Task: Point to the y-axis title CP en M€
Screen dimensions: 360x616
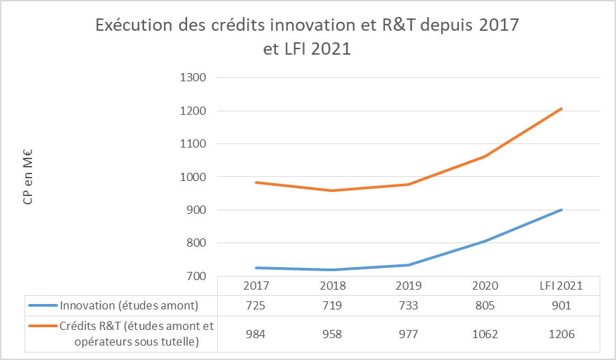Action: (28, 177)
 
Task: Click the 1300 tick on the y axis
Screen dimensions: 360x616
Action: (193, 78)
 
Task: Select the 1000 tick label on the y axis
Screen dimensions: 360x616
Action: (193, 177)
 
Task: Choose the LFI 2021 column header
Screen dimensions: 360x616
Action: (562, 286)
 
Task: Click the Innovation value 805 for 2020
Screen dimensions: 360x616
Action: (485, 305)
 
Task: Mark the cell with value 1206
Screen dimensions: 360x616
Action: (562, 334)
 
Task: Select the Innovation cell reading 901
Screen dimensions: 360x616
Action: (562, 305)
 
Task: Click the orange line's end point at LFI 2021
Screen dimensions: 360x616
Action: (562, 109)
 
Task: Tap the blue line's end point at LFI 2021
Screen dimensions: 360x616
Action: (562, 210)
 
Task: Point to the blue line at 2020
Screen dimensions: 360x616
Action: (485, 241)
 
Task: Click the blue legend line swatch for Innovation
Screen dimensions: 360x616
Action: (43, 305)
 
